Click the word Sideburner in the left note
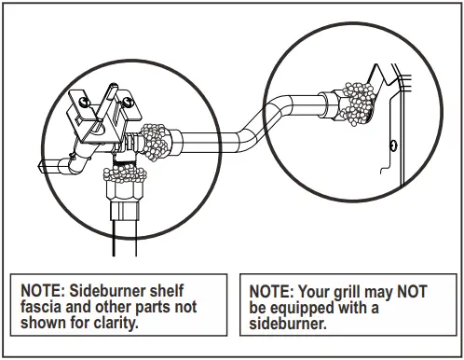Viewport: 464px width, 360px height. (111, 290)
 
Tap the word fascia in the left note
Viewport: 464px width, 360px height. (43, 306)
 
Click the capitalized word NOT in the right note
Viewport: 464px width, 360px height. (413, 290)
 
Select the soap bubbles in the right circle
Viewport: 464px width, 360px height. (354, 98)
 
